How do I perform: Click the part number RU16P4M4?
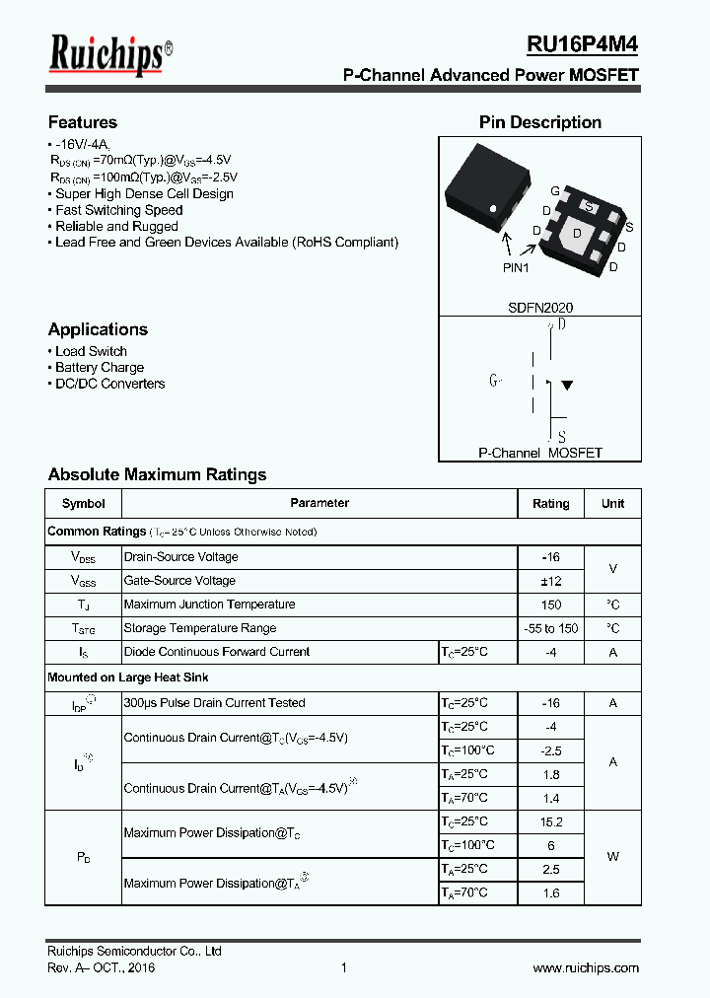(x=582, y=44)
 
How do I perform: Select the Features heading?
(x=83, y=122)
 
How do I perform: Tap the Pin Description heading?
(x=539, y=122)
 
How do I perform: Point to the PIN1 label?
(x=516, y=267)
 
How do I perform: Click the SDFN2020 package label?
(x=539, y=308)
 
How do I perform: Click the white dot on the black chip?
(x=494, y=207)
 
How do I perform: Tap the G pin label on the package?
(x=555, y=190)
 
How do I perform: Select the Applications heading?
(x=98, y=329)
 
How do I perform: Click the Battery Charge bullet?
(x=100, y=368)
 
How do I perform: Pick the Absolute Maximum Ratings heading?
(x=157, y=474)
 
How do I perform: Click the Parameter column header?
(x=319, y=503)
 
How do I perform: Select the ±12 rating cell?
(x=550, y=581)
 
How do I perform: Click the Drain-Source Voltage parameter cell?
(x=180, y=557)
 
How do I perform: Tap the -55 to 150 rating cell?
(x=550, y=628)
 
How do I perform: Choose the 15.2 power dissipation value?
(x=550, y=821)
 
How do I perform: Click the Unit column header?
(x=612, y=503)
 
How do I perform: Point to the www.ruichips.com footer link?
(x=586, y=968)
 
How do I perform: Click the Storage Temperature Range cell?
(x=199, y=628)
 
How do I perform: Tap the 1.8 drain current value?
(x=550, y=774)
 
